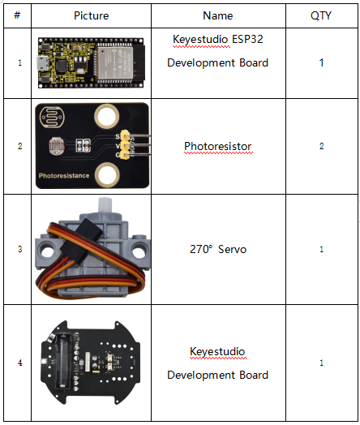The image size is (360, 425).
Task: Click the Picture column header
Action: click(92, 15)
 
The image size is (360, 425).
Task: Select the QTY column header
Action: click(321, 15)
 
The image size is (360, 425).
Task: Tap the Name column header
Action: click(218, 15)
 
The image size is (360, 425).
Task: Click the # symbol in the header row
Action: click(17, 15)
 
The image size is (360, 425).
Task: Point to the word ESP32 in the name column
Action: click(247, 39)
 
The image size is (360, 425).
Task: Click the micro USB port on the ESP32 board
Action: click(43, 63)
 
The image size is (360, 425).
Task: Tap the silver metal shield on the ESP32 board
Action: click(115, 63)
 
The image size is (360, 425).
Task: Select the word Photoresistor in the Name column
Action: click(218, 146)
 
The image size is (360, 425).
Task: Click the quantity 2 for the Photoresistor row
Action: click(321, 146)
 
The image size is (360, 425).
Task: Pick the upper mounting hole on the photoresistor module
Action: click(106, 116)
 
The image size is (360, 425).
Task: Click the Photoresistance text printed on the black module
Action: click(64, 176)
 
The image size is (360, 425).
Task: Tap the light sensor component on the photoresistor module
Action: click(57, 146)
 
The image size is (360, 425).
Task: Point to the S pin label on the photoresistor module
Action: click(118, 136)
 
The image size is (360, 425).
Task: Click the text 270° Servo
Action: click(218, 249)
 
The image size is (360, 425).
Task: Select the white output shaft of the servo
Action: click(105, 206)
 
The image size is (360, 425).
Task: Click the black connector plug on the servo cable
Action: click(81, 241)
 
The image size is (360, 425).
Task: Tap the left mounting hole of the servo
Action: click(47, 251)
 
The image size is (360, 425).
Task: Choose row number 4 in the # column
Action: click(19, 363)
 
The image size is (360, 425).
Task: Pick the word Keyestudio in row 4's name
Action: click(217, 351)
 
